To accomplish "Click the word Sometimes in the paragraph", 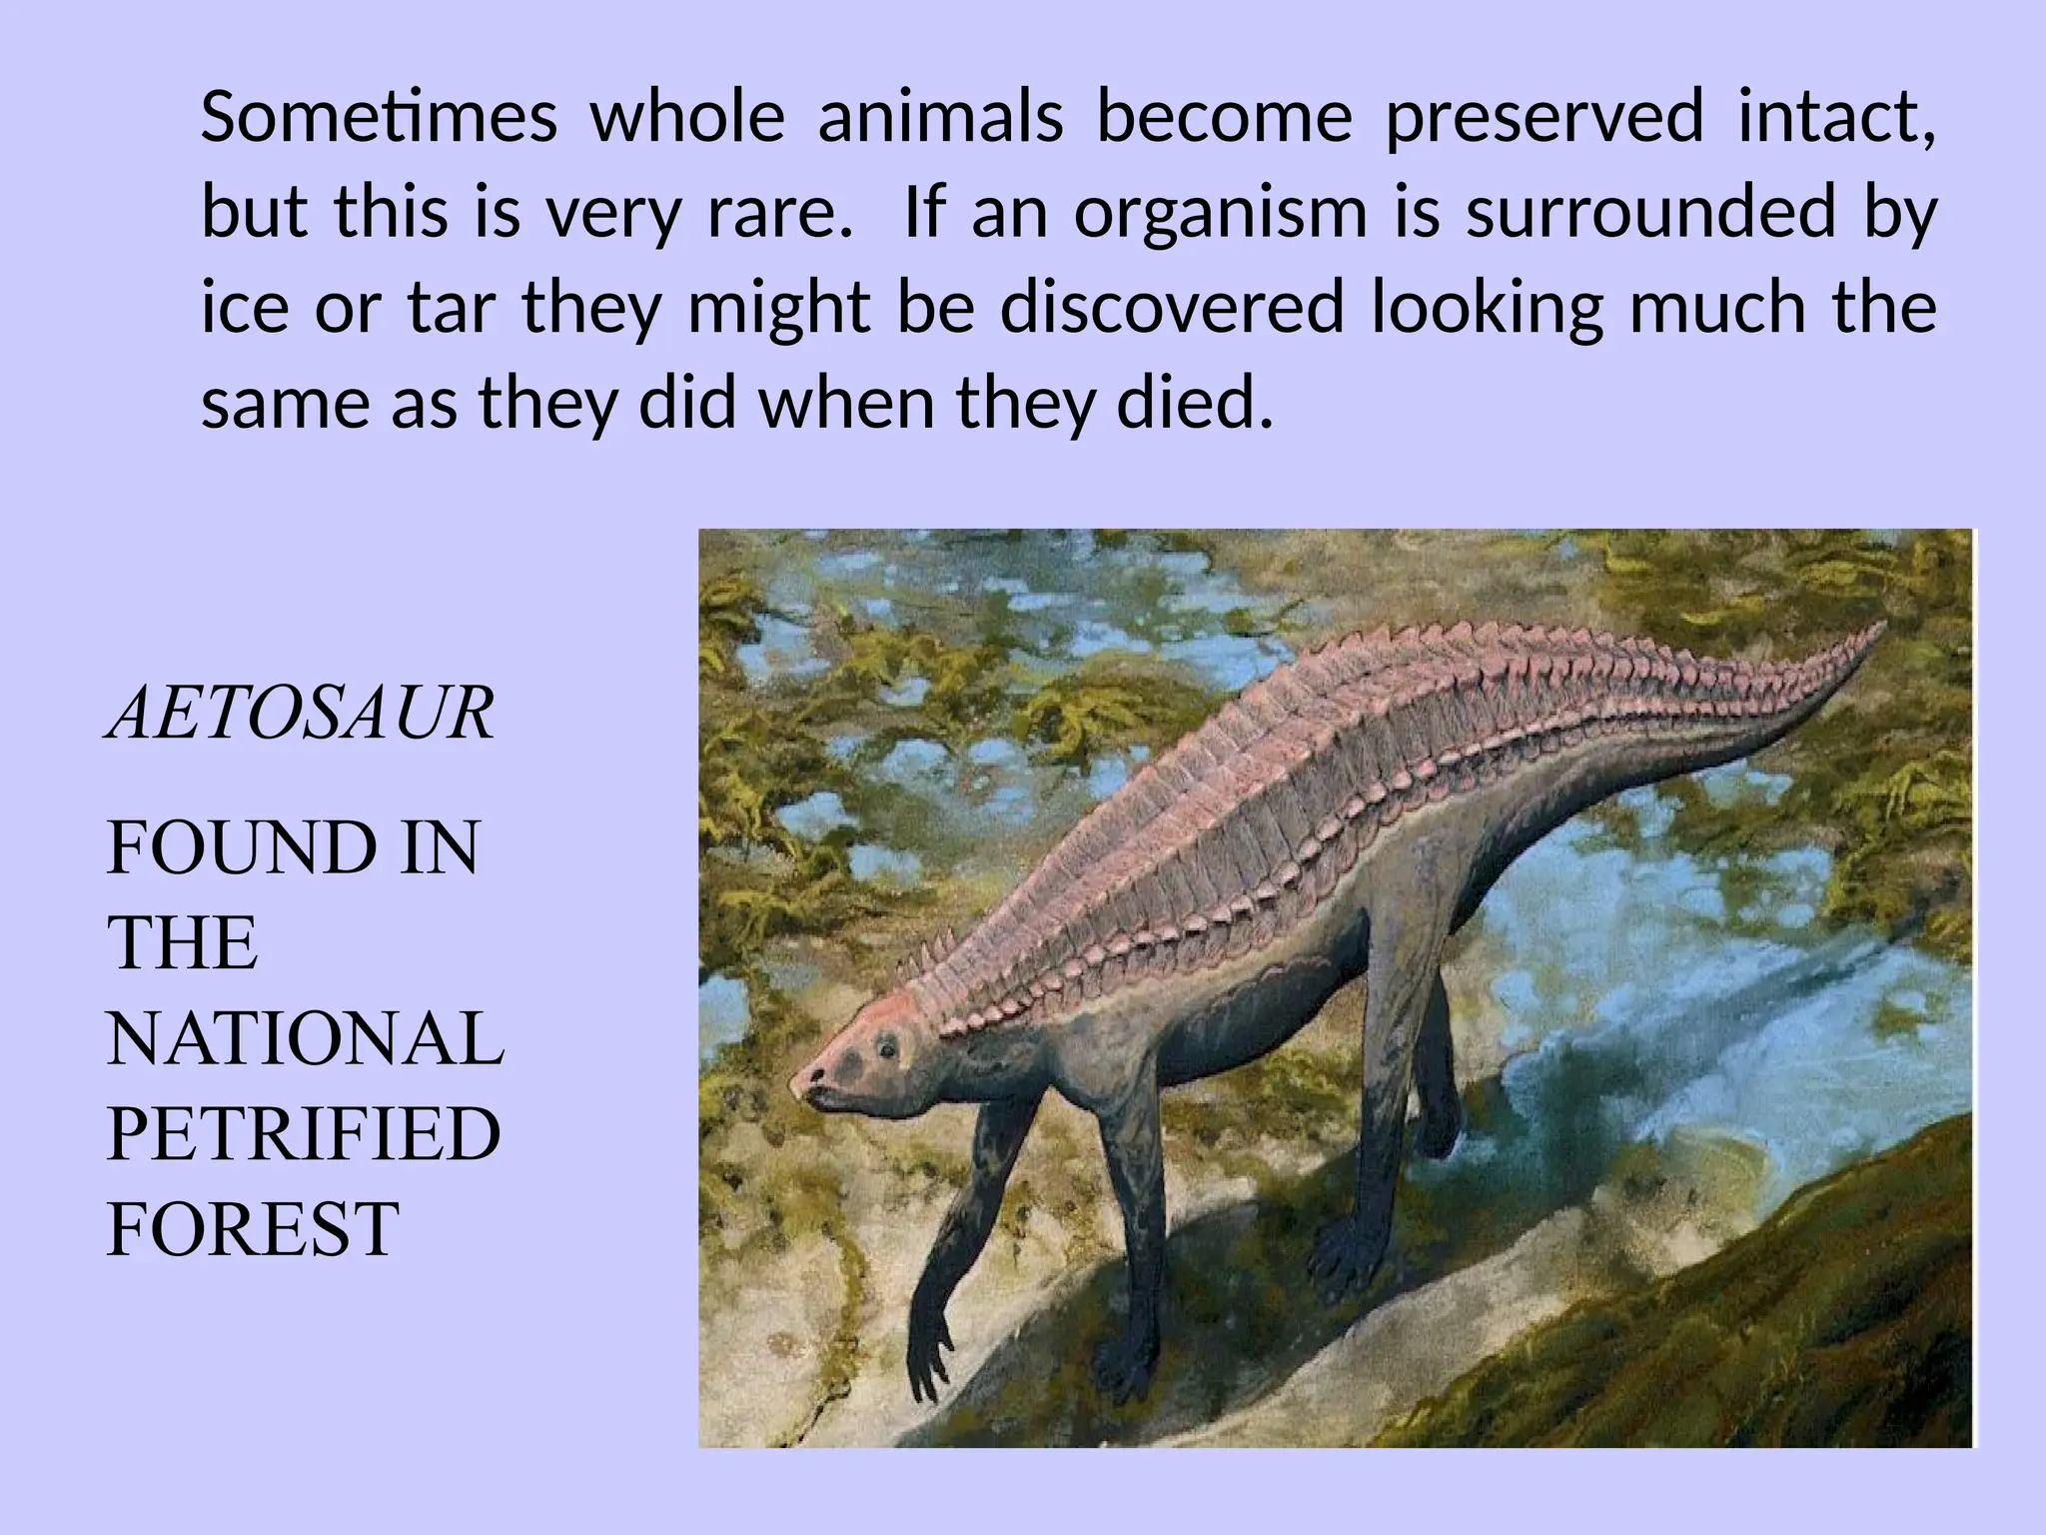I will pyautogui.click(x=379, y=117).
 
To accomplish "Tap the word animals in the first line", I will pyautogui.click(x=940, y=117).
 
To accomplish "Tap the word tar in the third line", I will pyautogui.click(x=451, y=309).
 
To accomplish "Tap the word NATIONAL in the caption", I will pyautogui.click(x=305, y=1039).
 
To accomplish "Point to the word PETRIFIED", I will pyautogui.click(x=303, y=1134).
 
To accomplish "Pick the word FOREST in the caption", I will pyautogui.click(x=253, y=1229).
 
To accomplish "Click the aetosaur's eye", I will pyautogui.click(x=885, y=1048).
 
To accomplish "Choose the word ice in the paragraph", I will pyautogui.click(x=241, y=309).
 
